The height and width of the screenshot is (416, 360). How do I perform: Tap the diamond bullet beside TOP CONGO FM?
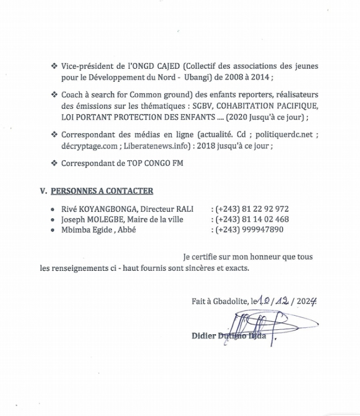54,163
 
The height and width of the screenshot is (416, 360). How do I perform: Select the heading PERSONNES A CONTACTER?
102,191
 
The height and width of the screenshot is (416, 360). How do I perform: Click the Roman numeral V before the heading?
43,191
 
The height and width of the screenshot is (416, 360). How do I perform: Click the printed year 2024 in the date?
305,301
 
